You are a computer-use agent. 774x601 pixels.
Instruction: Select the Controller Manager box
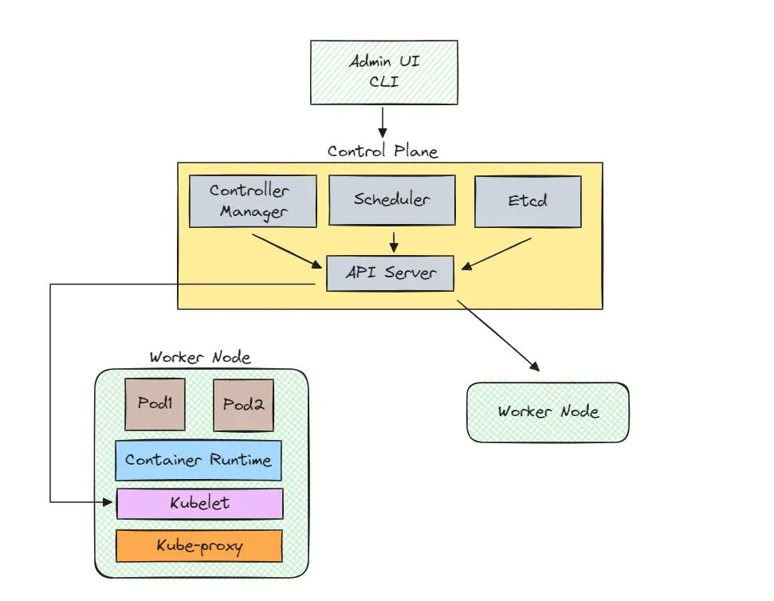[x=249, y=201]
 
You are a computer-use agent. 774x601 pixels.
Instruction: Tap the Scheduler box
[x=391, y=199]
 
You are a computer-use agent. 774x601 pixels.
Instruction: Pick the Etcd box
[x=527, y=201]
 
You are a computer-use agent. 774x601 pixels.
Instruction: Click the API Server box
[x=391, y=273]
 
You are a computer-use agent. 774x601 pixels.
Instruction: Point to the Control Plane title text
[x=383, y=151]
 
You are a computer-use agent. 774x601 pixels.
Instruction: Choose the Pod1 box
[x=155, y=404]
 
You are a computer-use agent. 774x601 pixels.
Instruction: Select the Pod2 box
[x=243, y=404]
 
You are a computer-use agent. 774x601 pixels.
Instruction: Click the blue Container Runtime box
[x=198, y=460]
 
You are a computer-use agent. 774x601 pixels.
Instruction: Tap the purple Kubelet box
[x=200, y=503]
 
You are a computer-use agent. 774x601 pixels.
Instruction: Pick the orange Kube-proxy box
[x=199, y=546]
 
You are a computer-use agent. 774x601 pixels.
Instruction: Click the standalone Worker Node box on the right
[x=548, y=412]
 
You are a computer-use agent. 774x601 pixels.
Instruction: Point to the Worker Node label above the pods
[x=200, y=358]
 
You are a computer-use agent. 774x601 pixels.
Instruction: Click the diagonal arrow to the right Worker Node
[x=498, y=336]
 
